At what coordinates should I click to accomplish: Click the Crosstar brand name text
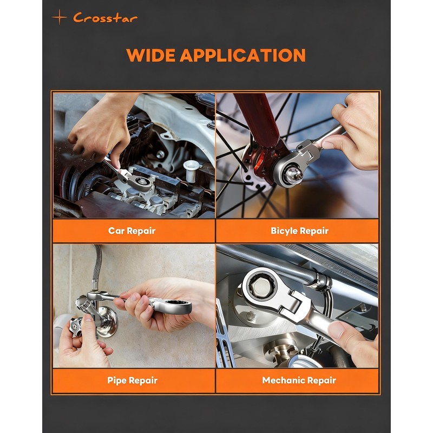pyautogui.click(x=105, y=18)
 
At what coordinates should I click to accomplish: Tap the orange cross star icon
pyautogui.click(x=60, y=17)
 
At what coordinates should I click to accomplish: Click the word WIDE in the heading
pyautogui.click(x=150, y=55)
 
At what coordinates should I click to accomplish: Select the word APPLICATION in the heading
pyautogui.click(x=243, y=55)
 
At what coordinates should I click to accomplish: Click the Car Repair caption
pyautogui.click(x=132, y=231)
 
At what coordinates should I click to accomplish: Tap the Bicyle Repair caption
pyautogui.click(x=300, y=231)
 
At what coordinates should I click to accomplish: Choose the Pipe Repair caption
pyautogui.click(x=132, y=380)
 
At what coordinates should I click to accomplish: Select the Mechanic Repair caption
pyautogui.click(x=299, y=380)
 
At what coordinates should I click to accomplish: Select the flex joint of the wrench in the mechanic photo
pyautogui.click(x=293, y=304)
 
